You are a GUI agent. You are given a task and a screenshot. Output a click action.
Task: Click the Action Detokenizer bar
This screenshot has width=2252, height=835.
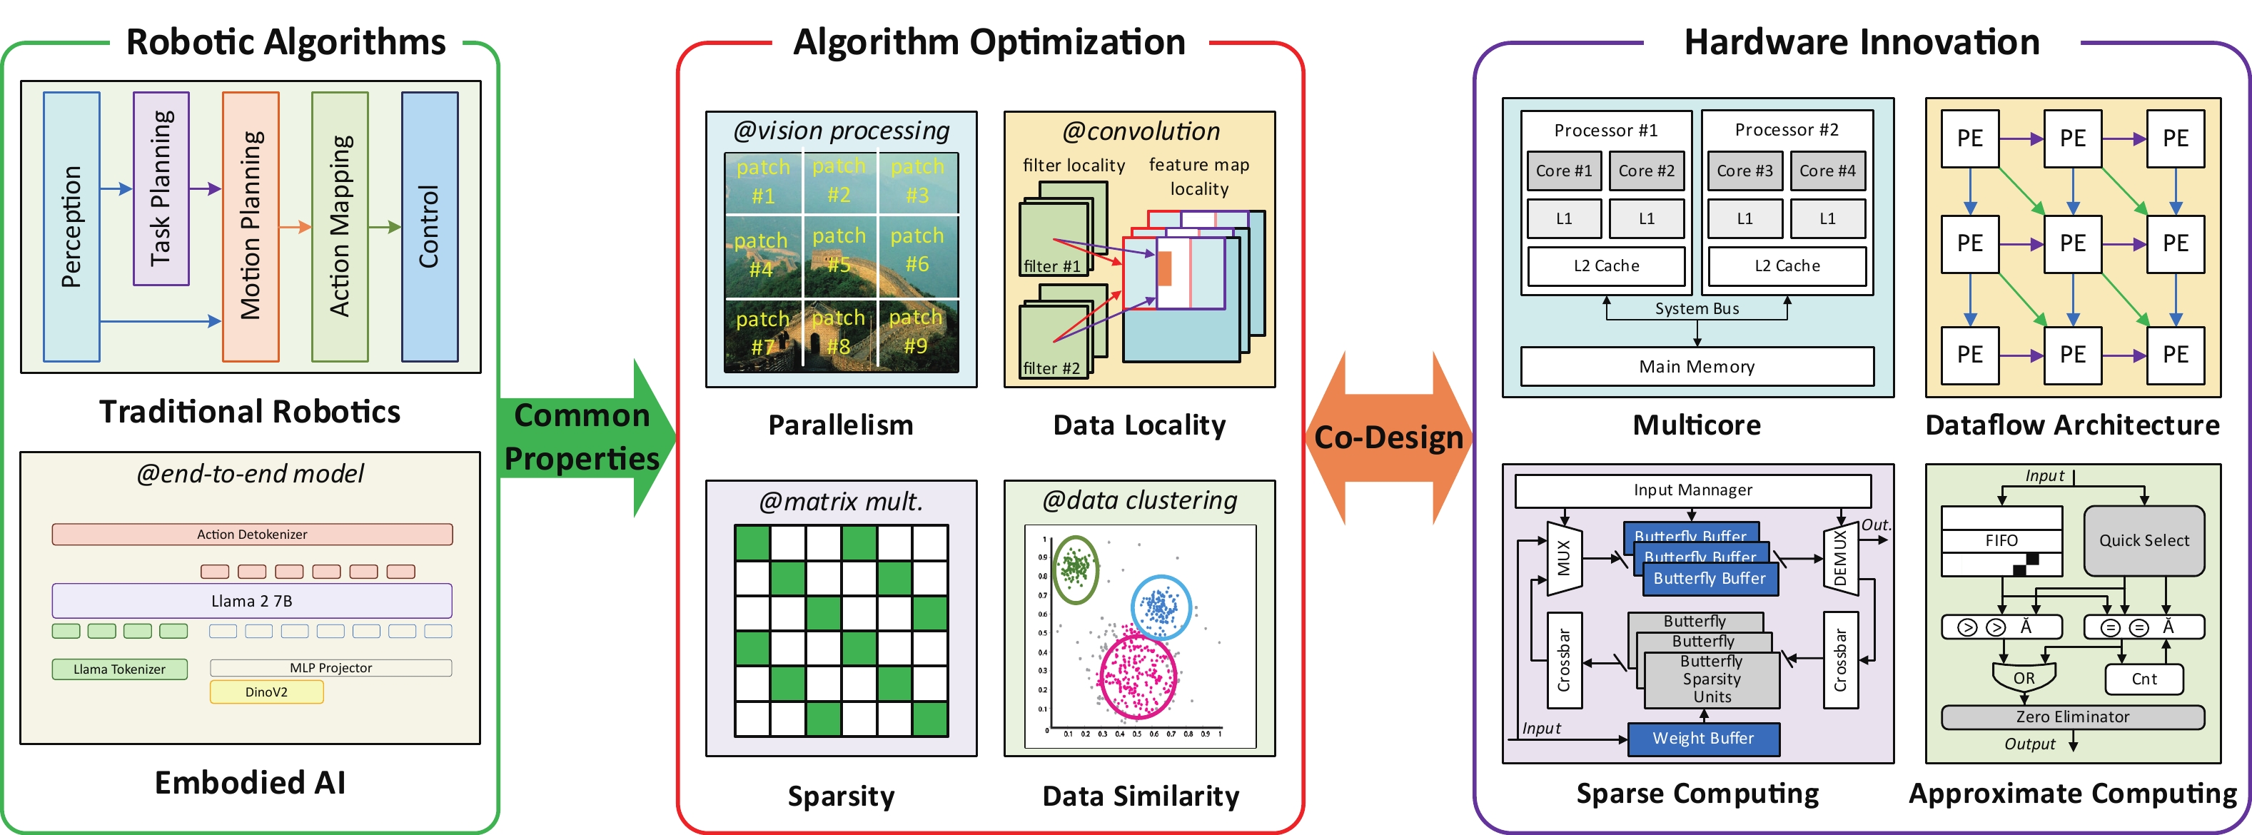(252, 535)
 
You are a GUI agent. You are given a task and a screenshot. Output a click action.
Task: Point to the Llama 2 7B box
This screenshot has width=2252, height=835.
(252, 601)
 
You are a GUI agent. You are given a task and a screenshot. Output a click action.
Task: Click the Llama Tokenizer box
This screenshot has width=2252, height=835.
(120, 669)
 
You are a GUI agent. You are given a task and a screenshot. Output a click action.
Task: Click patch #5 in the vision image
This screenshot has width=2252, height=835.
(839, 251)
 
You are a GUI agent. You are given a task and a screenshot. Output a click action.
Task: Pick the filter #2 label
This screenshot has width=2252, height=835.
(1051, 368)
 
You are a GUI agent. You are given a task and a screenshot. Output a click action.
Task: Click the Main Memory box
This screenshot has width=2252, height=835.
(1696, 366)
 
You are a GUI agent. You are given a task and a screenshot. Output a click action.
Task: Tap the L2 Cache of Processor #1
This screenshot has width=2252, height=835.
(1606, 265)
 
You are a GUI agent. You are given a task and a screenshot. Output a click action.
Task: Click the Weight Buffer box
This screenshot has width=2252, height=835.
(1702, 738)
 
